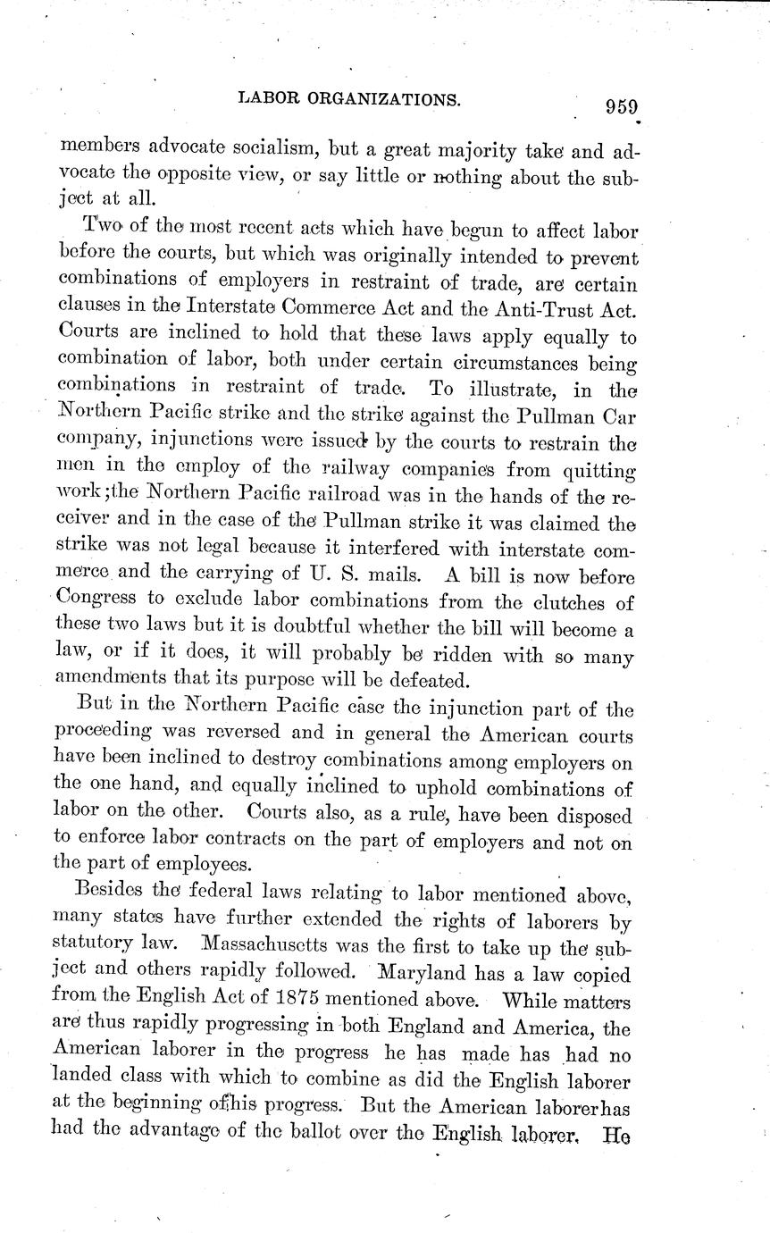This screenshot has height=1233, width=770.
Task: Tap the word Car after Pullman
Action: pos(615,440)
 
